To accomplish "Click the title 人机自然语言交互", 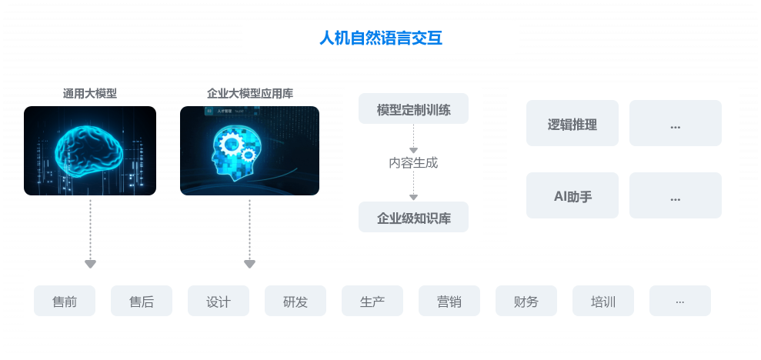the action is (x=381, y=38).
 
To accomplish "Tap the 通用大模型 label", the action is (x=90, y=93).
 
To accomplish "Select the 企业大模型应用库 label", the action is (x=250, y=93).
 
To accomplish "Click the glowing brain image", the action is (x=90, y=151).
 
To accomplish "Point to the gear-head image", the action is (x=249, y=151).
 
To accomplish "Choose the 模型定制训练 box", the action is (x=413, y=108).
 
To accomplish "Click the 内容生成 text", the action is (x=413, y=163).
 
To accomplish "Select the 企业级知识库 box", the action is (x=413, y=217).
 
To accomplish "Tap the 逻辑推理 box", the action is (x=572, y=123).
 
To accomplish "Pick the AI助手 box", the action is (x=572, y=195).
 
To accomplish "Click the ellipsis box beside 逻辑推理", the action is (x=676, y=123).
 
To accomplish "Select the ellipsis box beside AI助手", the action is (x=676, y=195).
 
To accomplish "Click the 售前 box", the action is (x=65, y=301).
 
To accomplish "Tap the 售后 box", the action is (x=142, y=301).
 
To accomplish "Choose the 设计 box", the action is (x=219, y=301).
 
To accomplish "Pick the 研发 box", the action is (x=295, y=301).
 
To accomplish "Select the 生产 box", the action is (x=372, y=301).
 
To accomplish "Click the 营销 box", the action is (x=449, y=301).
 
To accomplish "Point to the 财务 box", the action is (x=526, y=301).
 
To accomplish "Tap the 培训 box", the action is (x=602, y=301).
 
